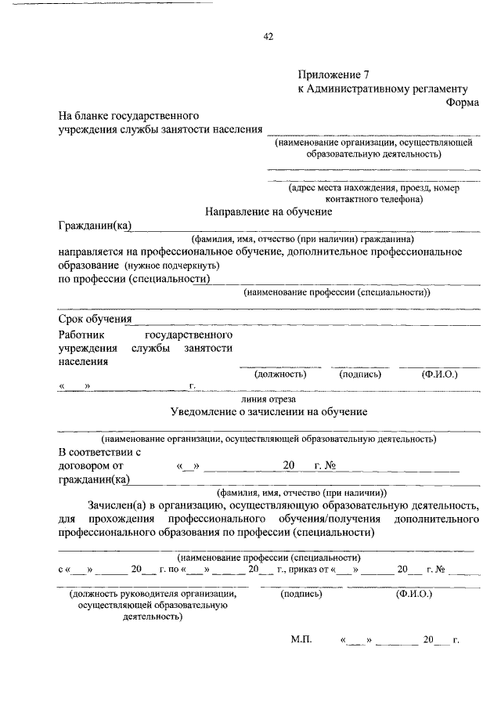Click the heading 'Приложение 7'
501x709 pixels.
[332, 75]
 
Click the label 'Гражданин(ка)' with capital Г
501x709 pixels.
[95, 226]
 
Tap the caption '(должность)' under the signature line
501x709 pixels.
[279, 374]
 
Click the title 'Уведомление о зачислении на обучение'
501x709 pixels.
[269, 411]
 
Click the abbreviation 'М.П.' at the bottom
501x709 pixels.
[301, 639]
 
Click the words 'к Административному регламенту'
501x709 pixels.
[383, 89]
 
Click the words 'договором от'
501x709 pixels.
[91, 466]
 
